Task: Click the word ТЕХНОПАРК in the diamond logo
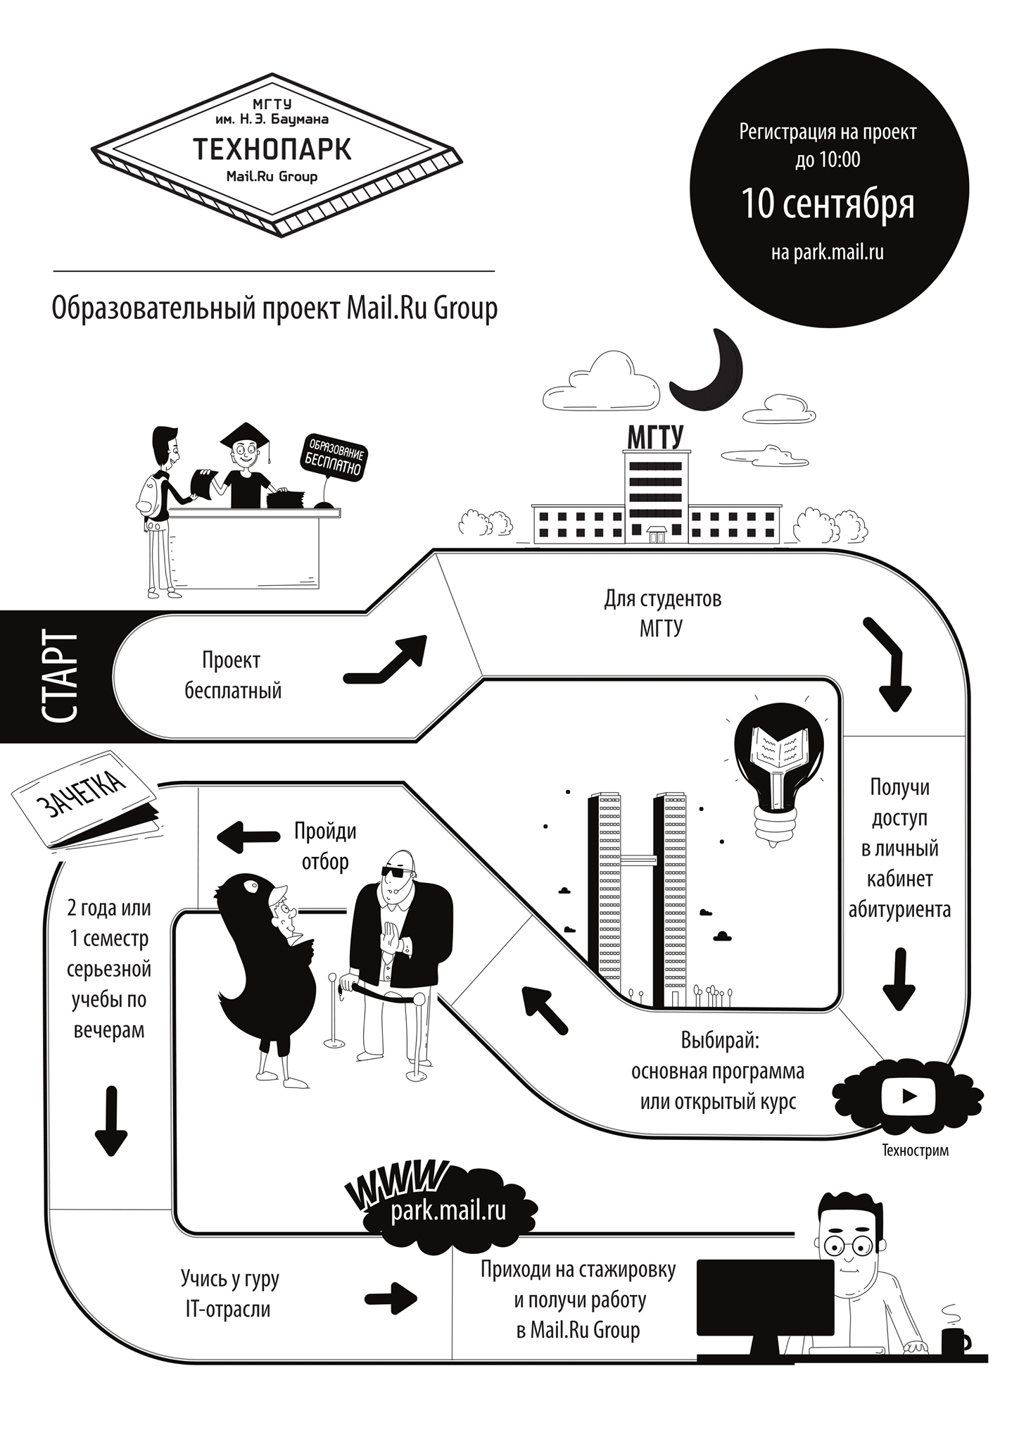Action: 272,149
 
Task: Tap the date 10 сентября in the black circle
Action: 828,203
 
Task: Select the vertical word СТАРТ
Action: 58,676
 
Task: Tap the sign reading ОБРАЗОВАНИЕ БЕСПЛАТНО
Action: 334,458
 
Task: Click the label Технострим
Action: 915,1151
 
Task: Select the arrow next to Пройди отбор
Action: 248,837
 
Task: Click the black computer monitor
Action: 765,1309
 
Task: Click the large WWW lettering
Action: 398,1184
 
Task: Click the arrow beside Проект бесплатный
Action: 386,659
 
